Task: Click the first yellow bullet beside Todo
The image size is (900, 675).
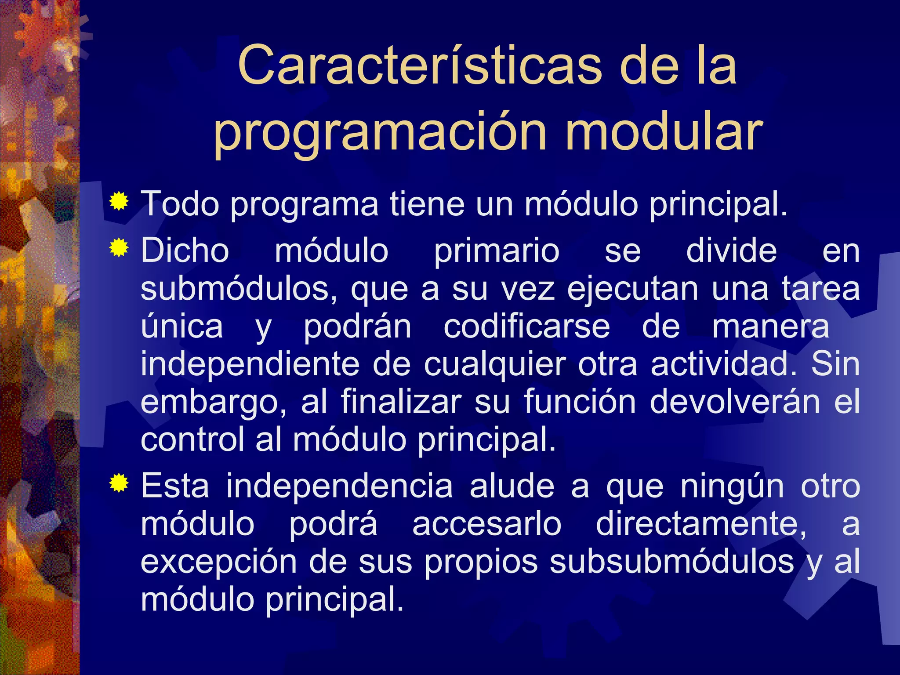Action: (119, 202)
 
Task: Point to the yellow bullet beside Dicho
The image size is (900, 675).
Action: (119, 248)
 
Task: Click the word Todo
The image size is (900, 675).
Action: (180, 204)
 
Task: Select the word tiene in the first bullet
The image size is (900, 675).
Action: (427, 204)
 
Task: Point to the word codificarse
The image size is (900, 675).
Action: (526, 327)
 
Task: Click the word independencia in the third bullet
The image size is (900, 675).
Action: (339, 487)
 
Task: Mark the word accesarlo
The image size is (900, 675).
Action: (486, 525)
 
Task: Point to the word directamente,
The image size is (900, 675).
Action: (701, 525)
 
